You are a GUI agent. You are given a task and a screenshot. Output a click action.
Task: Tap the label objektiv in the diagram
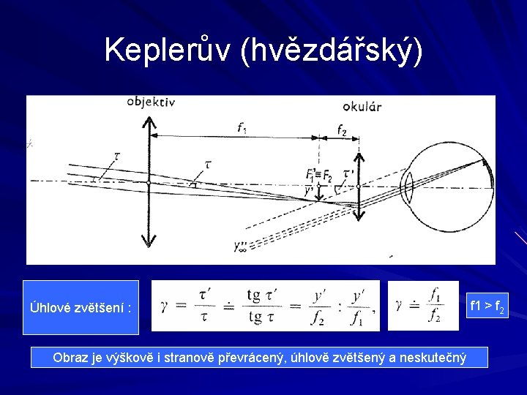point(151,102)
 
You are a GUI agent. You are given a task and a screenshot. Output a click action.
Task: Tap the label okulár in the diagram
point(362,107)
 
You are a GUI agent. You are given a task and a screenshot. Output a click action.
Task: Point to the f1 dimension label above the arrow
point(242,127)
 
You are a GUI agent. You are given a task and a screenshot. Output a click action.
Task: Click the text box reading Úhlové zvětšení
point(81,307)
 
